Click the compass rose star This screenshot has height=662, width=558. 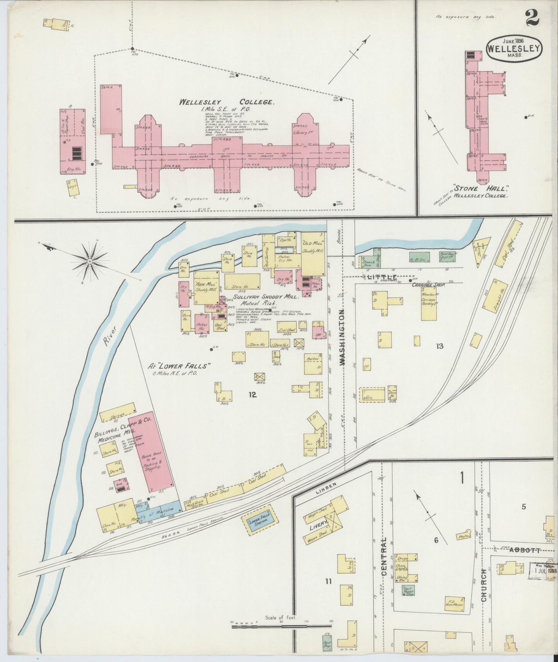90,261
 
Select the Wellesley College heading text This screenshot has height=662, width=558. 227,102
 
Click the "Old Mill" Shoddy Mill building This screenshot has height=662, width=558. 312,253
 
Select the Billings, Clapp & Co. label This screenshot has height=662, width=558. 123,428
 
